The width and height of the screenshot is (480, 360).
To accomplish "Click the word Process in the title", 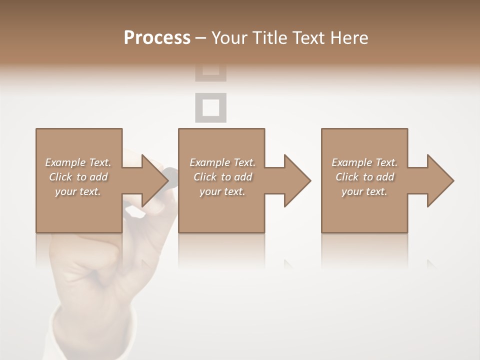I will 157,38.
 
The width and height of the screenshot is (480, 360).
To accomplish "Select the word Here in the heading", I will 349,38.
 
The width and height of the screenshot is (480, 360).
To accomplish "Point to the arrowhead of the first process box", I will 154,180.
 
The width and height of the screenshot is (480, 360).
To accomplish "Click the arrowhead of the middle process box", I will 297,180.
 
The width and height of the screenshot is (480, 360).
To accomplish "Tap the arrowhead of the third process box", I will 440,180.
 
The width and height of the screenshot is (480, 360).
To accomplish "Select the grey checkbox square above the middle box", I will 210,107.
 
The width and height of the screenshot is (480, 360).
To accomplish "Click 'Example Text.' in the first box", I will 78,162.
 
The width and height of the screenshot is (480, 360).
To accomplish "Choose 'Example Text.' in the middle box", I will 222,162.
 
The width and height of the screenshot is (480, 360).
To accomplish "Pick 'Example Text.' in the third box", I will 364,162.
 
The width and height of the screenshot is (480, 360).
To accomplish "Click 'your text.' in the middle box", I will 222,191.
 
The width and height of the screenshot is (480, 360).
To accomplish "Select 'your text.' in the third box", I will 364,191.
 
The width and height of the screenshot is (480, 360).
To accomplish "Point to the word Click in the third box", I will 347,177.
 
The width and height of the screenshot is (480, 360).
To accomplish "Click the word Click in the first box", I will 60,177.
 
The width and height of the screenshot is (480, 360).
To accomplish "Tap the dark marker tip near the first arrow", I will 171,173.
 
